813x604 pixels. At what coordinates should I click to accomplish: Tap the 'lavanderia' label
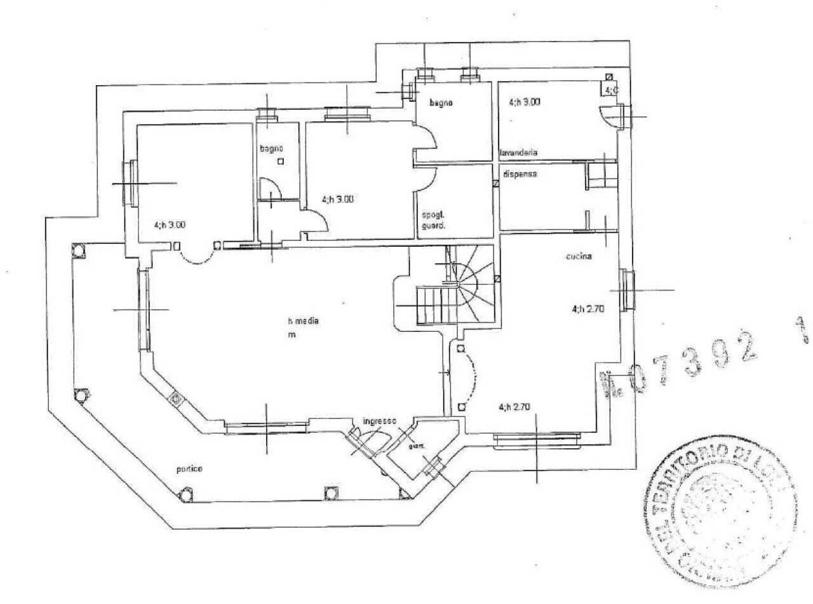pos(519,153)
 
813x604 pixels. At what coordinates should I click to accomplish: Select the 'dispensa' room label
pos(520,174)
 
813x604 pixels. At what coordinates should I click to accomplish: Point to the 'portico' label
pos(189,469)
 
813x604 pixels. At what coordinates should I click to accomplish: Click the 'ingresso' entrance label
pos(379,421)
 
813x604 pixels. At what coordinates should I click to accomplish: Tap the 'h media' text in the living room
pos(303,320)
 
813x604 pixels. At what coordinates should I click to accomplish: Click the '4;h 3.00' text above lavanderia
pos(525,102)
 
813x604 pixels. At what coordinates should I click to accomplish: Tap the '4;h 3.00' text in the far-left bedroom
pos(170,224)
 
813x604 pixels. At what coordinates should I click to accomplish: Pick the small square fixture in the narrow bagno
pos(281,161)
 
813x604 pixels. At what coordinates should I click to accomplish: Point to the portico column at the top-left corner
pos(78,249)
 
